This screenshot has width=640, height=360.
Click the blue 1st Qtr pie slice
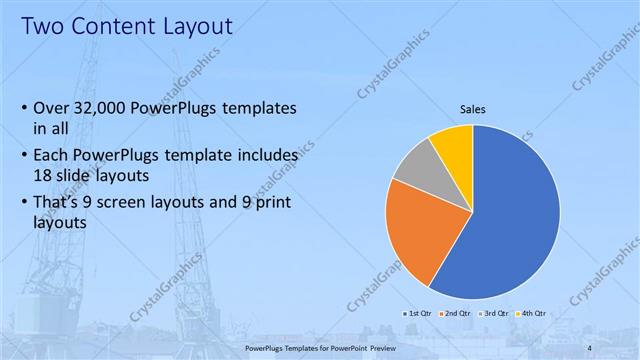coord(510,215)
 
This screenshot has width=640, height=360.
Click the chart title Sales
coord(473,110)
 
